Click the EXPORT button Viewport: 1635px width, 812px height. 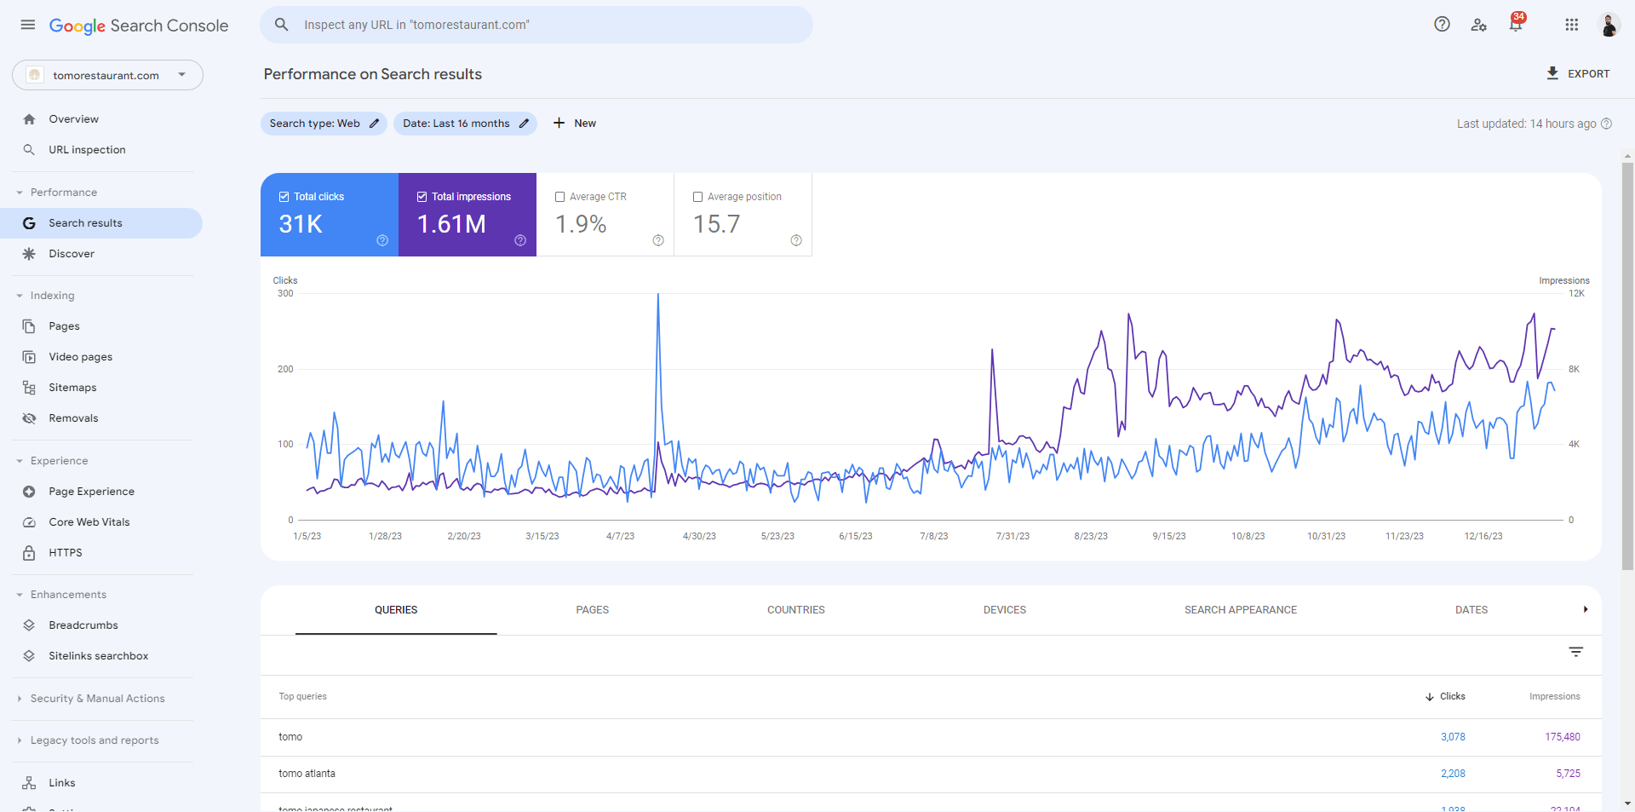1578,74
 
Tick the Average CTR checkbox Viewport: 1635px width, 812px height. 560,197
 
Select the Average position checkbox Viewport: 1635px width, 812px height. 698,197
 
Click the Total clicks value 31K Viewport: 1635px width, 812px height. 301,224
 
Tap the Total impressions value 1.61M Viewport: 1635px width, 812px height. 451,224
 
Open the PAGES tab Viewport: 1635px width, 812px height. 592,610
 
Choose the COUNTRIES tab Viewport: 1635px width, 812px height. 795,610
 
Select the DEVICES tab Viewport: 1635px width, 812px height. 1004,610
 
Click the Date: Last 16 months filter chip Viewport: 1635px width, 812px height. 465,124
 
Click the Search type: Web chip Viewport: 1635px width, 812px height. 324,124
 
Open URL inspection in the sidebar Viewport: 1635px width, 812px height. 87,150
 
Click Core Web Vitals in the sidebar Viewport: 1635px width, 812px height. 89,522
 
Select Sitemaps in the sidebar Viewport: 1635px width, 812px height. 72,388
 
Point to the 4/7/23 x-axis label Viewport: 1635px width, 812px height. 620,536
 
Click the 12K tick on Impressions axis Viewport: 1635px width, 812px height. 1576,294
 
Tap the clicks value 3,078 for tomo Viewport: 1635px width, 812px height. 1453,737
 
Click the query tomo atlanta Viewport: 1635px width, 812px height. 307,774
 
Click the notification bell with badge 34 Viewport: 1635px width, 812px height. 1516,25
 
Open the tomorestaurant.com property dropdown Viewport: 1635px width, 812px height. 107,75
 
